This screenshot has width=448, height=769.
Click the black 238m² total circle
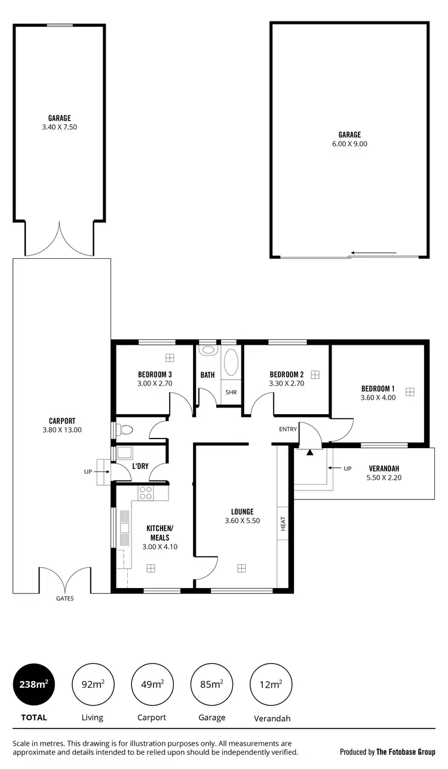coord(34,685)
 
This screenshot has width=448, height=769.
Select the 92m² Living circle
coord(93,685)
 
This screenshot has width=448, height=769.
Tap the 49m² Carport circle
coord(152,685)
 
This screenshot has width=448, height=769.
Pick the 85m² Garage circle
coord(212,685)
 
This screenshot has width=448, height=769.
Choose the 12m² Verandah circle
coord(272,685)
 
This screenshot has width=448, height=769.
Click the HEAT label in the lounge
coord(283,523)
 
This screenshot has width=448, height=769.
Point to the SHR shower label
coord(231,393)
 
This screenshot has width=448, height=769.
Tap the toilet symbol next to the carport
coord(124,429)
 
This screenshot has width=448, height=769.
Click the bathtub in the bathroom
coord(231,363)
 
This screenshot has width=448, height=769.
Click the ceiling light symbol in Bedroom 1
coord(410,392)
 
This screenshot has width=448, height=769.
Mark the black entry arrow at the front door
coord(309,452)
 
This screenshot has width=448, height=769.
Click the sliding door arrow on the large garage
coord(373,253)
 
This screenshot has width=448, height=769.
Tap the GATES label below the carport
coord(65,598)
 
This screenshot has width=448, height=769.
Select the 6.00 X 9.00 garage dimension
coord(349,144)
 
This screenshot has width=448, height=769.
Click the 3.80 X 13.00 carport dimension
coord(62,430)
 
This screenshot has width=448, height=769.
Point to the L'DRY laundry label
coord(140,466)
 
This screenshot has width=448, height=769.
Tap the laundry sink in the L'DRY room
coord(125,452)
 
